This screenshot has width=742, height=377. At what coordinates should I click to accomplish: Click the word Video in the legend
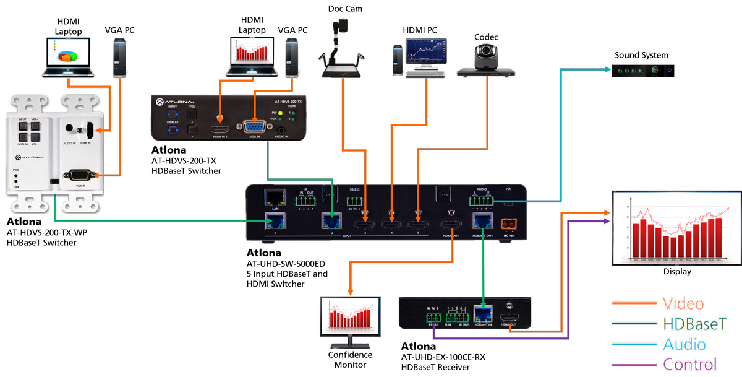tap(683, 303)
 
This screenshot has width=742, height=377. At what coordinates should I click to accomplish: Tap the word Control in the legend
tap(689, 364)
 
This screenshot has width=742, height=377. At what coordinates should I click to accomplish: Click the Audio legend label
tap(684, 344)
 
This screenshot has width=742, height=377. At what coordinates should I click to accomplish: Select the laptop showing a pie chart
tap(69, 57)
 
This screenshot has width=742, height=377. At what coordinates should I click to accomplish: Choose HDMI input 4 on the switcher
tap(390, 216)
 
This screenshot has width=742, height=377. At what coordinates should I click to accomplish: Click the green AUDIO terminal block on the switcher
tap(480, 200)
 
